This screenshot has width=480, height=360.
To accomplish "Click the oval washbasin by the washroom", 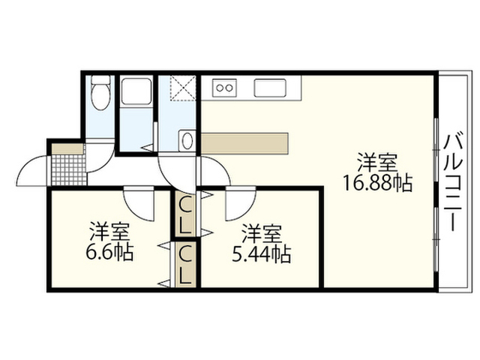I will coord(187,140).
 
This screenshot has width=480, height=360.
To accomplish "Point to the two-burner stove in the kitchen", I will coord(224,88).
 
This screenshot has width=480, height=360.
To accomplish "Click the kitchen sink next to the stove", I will coord(270,88).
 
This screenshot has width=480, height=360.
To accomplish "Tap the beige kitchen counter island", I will coord(244,142).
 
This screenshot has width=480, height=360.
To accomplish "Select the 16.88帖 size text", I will coord(377,182).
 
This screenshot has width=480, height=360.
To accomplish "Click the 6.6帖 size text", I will coord(109,252).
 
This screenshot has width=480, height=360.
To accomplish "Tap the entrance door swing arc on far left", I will coord(33,169).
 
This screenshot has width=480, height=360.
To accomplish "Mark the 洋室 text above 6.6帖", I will coord(109,229).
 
